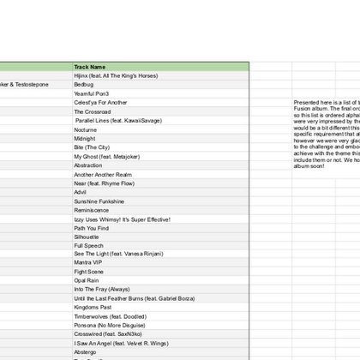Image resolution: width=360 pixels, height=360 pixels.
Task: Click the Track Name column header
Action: coord(90,66)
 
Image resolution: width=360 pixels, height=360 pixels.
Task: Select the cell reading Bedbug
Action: coord(83,84)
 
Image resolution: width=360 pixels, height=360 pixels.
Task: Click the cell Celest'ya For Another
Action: coord(100,102)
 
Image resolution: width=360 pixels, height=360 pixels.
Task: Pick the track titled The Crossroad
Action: coord(92,111)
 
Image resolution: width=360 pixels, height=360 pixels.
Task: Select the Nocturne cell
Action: coord(85,129)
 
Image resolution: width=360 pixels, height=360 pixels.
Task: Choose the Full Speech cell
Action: coord(88,246)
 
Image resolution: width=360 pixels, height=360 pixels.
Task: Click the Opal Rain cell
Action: coord(87,281)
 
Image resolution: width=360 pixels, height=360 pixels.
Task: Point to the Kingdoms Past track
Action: coord(93,307)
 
